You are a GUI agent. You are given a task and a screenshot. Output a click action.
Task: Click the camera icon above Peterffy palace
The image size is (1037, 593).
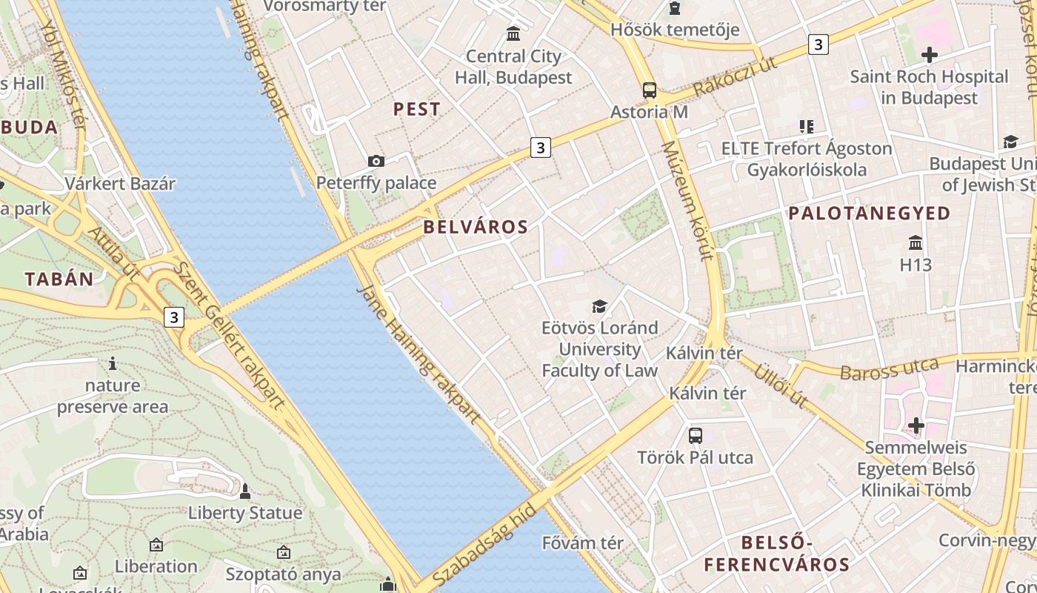[x=376, y=161]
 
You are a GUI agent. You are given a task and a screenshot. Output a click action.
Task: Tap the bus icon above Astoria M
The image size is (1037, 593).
[x=650, y=90]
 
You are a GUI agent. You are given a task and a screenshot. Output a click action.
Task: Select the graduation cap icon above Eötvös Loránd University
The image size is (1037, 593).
[x=599, y=306]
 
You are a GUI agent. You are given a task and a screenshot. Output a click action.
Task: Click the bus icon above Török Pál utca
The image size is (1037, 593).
[x=696, y=435]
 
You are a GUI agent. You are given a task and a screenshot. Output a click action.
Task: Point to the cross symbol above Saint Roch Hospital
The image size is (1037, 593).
[x=929, y=54]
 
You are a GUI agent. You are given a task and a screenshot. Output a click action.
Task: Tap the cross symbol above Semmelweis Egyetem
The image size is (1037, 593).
[x=916, y=425]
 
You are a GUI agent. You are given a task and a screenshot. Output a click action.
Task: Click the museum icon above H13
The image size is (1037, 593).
[x=916, y=242]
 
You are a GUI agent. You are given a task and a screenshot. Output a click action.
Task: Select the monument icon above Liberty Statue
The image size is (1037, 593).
[x=245, y=491]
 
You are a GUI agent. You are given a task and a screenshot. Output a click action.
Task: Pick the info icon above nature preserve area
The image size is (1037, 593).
[x=113, y=363]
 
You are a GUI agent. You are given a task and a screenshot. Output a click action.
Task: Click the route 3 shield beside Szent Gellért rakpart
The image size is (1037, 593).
[x=174, y=317]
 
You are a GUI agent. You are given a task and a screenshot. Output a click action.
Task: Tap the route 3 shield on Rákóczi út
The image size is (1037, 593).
[x=818, y=44]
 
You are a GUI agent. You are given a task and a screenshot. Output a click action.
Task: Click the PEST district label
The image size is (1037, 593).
[x=417, y=109]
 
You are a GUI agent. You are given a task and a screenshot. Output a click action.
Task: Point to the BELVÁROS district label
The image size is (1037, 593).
[x=476, y=227]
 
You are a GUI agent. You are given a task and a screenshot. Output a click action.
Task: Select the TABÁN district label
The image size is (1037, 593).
[x=59, y=279]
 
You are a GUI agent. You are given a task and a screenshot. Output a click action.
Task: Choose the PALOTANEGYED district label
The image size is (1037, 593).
[x=870, y=213]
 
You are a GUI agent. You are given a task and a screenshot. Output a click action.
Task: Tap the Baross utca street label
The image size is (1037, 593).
[x=889, y=368]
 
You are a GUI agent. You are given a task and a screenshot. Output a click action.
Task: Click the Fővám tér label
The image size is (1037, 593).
[x=583, y=543]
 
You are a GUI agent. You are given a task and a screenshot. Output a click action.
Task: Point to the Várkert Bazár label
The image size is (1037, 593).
[x=120, y=184]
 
